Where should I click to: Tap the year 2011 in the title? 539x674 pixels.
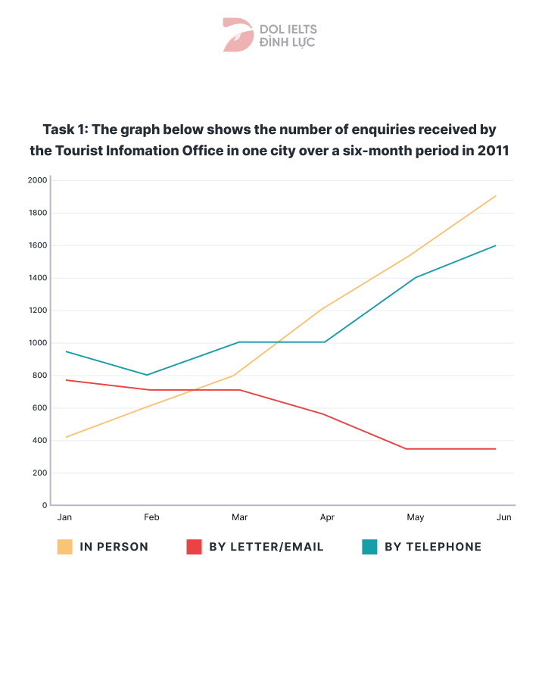[493, 150]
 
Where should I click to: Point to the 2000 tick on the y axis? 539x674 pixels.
[37, 180]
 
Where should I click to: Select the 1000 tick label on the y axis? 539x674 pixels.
[37, 343]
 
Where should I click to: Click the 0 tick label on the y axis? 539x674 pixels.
[45, 505]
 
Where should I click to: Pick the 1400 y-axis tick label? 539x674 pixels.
[37, 278]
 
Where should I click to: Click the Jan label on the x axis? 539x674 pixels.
[64, 517]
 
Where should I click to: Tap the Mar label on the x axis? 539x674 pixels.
[239, 517]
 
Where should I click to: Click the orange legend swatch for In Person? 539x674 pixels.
[65, 547]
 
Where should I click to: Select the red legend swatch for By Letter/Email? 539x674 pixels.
[194, 547]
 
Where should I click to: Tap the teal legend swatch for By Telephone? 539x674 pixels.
[369, 547]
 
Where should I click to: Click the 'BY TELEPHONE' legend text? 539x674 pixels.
[433, 547]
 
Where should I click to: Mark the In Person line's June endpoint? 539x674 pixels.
[496, 196]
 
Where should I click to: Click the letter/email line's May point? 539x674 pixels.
[407, 449]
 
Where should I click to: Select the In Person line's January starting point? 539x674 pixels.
[66, 437]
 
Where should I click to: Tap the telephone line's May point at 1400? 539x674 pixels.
[414, 278]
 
